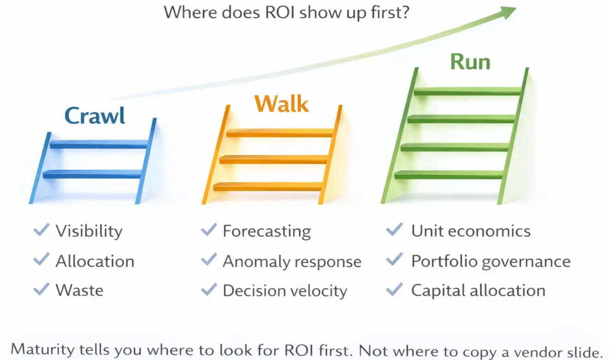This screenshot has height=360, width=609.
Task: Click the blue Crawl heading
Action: pos(94,116)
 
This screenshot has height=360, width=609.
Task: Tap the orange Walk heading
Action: pos(281,104)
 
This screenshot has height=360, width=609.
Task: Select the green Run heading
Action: pos(470,62)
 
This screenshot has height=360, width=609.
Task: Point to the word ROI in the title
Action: pos(280,12)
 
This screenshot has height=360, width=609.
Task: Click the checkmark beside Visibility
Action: pos(41,230)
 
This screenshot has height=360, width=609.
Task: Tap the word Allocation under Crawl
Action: pos(95,261)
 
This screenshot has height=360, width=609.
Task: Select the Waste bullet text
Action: pos(79,290)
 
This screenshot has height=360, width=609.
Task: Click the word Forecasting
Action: pos(267,232)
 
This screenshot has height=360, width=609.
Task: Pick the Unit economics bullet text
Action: pos(471,231)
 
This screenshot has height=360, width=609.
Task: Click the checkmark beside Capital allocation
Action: pos(394,289)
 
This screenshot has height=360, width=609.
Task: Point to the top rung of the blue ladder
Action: pos(99,145)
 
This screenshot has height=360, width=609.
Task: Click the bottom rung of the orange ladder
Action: pos(268,186)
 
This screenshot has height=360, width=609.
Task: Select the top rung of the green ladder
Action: pos(468,91)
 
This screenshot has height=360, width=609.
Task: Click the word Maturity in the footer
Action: pos(42,349)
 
